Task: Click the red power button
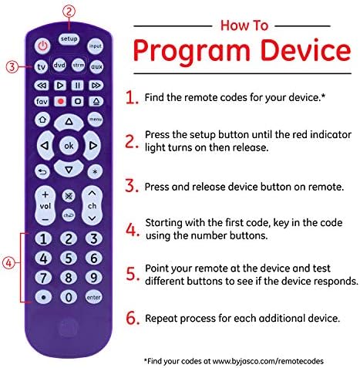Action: click(x=43, y=46)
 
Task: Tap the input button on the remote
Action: click(x=95, y=46)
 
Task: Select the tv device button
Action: click(x=41, y=66)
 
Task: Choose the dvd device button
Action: click(x=59, y=65)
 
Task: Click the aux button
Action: click(x=96, y=66)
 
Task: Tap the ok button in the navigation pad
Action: click(x=69, y=146)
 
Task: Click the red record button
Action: click(x=61, y=102)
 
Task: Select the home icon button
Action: click(x=42, y=120)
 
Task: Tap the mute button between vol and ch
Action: click(x=69, y=196)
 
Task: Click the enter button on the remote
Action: click(x=93, y=297)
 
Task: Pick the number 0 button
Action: click(x=69, y=297)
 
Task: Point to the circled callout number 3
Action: click(x=12, y=67)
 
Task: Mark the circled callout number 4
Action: click(x=8, y=263)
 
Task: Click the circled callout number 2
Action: click(x=69, y=12)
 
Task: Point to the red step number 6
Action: click(x=133, y=318)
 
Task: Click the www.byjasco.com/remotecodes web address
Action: click(x=268, y=361)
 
